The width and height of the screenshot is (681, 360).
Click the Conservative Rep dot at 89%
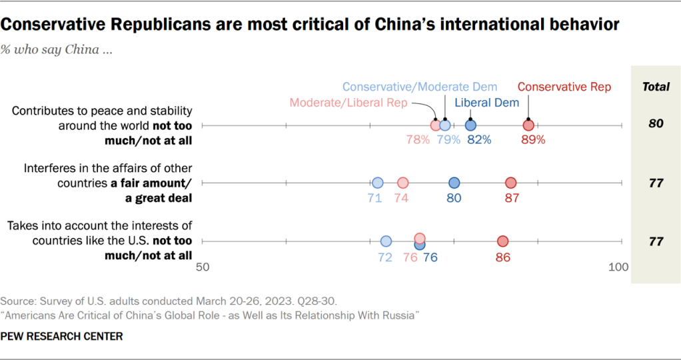point(528,125)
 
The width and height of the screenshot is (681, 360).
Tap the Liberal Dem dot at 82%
point(470,125)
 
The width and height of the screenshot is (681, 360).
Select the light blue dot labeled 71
point(378,183)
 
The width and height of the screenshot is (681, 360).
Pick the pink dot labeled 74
point(402,183)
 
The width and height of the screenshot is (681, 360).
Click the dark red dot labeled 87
point(511,183)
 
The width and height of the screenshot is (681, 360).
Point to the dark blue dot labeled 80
point(454,183)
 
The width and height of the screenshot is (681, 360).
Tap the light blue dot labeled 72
point(386,241)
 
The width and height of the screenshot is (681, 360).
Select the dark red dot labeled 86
point(503,241)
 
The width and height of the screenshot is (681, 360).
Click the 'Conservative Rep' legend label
point(564,87)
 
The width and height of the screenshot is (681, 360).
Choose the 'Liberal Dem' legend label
point(487,103)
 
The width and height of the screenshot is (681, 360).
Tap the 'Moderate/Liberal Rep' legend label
point(348,103)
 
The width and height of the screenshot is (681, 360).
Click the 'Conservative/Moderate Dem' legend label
point(420,87)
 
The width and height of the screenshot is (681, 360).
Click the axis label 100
point(619,267)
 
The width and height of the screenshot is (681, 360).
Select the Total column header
point(655,87)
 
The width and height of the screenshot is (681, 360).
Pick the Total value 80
point(655,125)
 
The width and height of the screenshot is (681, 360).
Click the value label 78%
point(417,140)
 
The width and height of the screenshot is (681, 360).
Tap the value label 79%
point(449,140)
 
